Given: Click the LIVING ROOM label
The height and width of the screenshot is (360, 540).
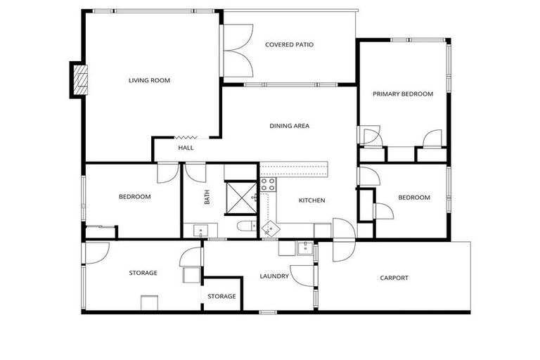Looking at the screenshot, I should (x=149, y=80).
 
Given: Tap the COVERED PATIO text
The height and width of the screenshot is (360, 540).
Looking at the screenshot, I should (x=289, y=44).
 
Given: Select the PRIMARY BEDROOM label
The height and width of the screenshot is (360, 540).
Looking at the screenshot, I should (x=403, y=94).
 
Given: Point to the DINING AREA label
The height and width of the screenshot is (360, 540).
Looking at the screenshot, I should (x=290, y=126).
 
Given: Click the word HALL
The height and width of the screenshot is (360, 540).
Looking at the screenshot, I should (x=186, y=148).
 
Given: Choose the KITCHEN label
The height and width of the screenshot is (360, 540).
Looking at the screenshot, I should (x=311, y=200).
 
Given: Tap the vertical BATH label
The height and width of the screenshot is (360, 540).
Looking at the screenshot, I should (x=207, y=198).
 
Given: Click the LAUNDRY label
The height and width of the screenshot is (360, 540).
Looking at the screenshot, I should (x=274, y=276).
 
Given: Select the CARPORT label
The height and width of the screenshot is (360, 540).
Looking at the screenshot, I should (x=394, y=278).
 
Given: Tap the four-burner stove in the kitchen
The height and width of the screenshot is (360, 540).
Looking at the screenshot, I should (x=268, y=184).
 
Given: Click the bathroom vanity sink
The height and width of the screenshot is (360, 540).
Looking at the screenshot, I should (x=199, y=229).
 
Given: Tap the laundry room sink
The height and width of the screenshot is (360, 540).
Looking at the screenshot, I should (x=304, y=247).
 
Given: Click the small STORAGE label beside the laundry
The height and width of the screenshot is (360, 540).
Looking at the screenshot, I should (x=221, y=296).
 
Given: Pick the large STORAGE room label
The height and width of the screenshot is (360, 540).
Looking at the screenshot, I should (x=143, y=273).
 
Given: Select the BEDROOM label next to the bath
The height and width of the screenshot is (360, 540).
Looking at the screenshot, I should (x=134, y=197).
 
